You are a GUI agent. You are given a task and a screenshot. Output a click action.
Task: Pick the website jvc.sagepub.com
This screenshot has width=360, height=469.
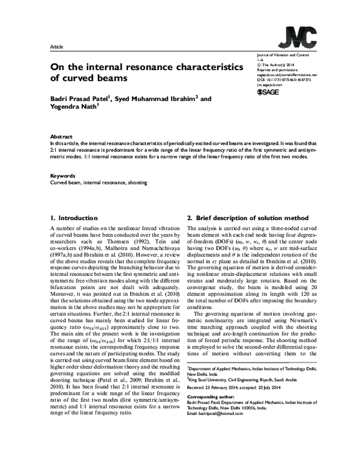274,85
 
